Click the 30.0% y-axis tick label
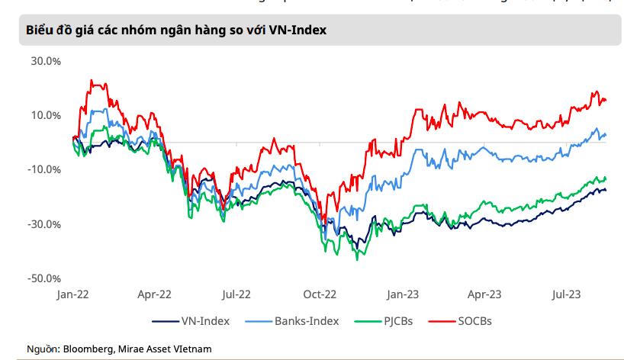pos(45,61)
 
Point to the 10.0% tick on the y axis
pos(45,115)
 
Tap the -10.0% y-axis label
pos(43,169)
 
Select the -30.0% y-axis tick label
pos(43,224)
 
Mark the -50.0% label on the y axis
pos(43,278)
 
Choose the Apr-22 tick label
pos(155,293)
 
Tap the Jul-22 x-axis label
pos(236,293)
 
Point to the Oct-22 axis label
pos(320,293)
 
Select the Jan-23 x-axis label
pos(402,293)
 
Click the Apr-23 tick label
pos(484,293)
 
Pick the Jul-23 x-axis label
pos(565,293)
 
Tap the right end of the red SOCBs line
pos(606,101)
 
